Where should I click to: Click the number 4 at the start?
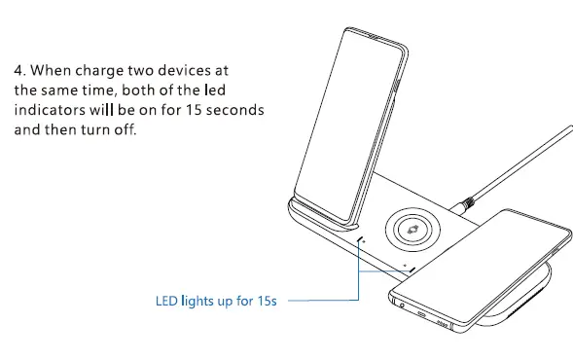(x=18, y=71)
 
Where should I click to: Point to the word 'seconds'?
(x=234, y=110)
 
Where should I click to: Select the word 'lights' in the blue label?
(x=202, y=303)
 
